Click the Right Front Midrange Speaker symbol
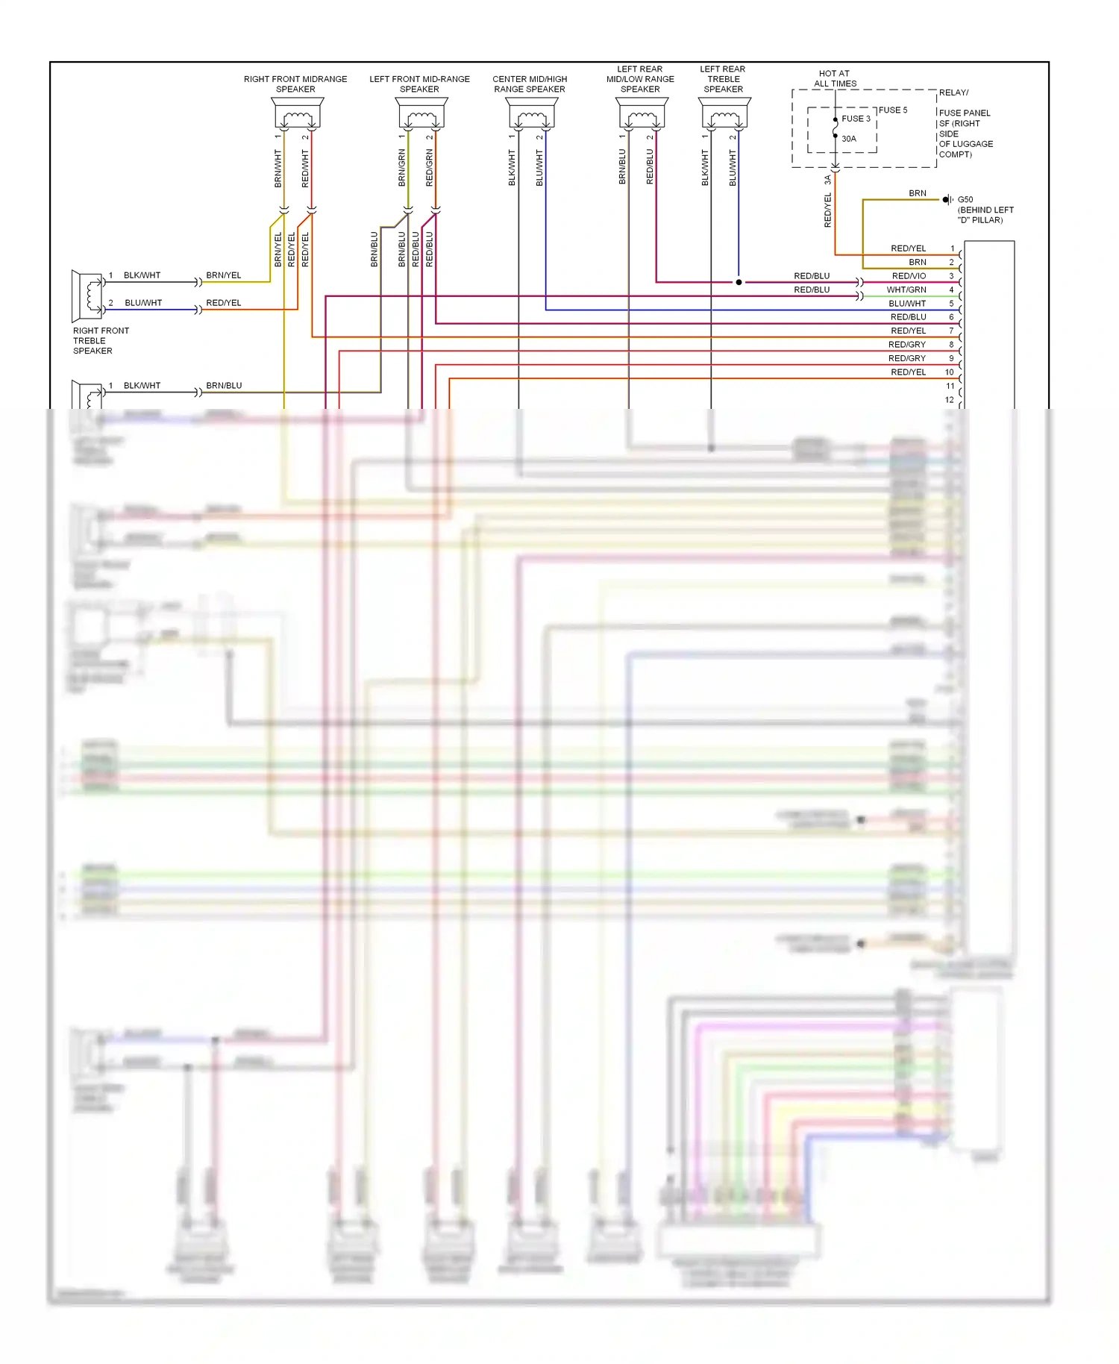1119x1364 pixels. (297, 115)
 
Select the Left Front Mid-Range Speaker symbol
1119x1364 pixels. (421, 115)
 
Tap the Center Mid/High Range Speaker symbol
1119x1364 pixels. (531, 115)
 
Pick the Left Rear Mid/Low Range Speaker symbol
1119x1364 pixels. (642, 115)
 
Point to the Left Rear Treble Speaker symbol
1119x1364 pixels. (724, 115)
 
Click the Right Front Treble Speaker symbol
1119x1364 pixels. (87, 295)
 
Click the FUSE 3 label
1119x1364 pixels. (856, 119)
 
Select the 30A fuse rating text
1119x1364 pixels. (849, 139)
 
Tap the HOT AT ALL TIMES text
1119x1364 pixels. (834, 78)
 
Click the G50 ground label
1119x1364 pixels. (965, 200)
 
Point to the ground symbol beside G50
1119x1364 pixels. (947, 199)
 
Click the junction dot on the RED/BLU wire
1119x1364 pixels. (739, 282)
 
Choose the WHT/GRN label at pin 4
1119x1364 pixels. (906, 290)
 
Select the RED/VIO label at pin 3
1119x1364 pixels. (909, 276)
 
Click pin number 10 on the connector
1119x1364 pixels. (950, 372)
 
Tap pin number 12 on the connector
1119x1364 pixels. (950, 400)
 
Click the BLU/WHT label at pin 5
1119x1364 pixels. (907, 304)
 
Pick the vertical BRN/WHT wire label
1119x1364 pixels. (278, 168)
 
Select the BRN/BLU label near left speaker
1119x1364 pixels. (224, 386)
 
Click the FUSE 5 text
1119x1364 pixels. (893, 110)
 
